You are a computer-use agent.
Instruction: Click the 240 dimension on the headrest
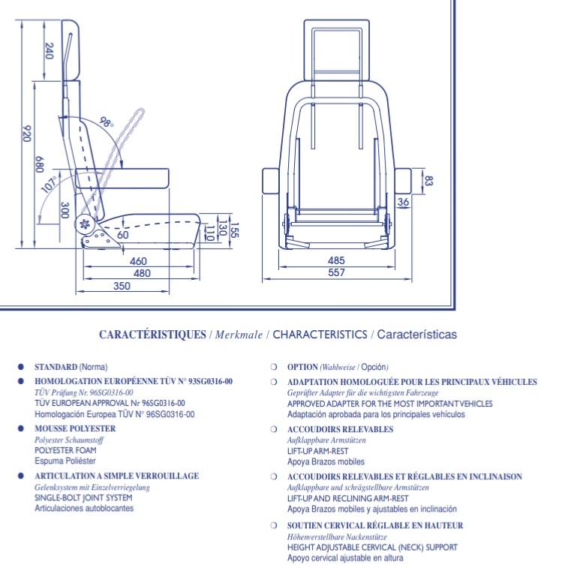pyautogui.click(x=49, y=51)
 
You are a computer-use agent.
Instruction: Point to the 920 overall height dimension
pyautogui.click(x=27, y=134)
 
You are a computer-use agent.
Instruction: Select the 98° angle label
pyautogui.click(x=107, y=122)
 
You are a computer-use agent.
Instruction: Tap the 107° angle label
pyautogui.click(x=50, y=185)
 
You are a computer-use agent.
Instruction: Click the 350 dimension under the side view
pyautogui.click(x=122, y=286)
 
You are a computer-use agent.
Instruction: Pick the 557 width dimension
pyautogui.click(x=336, y=272)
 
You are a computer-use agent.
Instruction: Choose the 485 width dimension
pyautogui.click(x=336, y=260)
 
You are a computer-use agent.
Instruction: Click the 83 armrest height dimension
pyautogui.click(x=429, y=181)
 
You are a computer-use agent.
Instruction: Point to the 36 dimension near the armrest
pyautogui.click(x=403, y=202)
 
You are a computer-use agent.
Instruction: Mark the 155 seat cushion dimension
pyautogui.click(x=235, y=230)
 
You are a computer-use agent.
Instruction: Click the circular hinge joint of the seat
pyautogui.click(x=85, y=224)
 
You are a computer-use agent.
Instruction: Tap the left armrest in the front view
pyautogui.click(x=270, y=181)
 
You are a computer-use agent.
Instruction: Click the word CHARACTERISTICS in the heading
pyautogui.click(x=320, y=334)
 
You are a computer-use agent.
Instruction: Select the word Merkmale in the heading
pyautogui.click(x=239, y=335)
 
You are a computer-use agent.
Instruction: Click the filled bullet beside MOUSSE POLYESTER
pyautogui.click(x=21, y=428)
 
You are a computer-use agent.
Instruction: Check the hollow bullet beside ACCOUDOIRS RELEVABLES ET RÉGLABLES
pyautogui.click(x=274, y=476)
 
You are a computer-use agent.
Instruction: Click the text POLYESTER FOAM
pyautogui.click(x=65, y=450)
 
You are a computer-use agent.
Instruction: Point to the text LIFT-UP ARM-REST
pyautogui.click(x=318, y=451)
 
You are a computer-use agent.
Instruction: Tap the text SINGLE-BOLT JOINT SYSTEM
pyautogui.click(x=83, y=497)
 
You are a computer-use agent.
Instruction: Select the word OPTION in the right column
pyautogui.click(x=302, y=367)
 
